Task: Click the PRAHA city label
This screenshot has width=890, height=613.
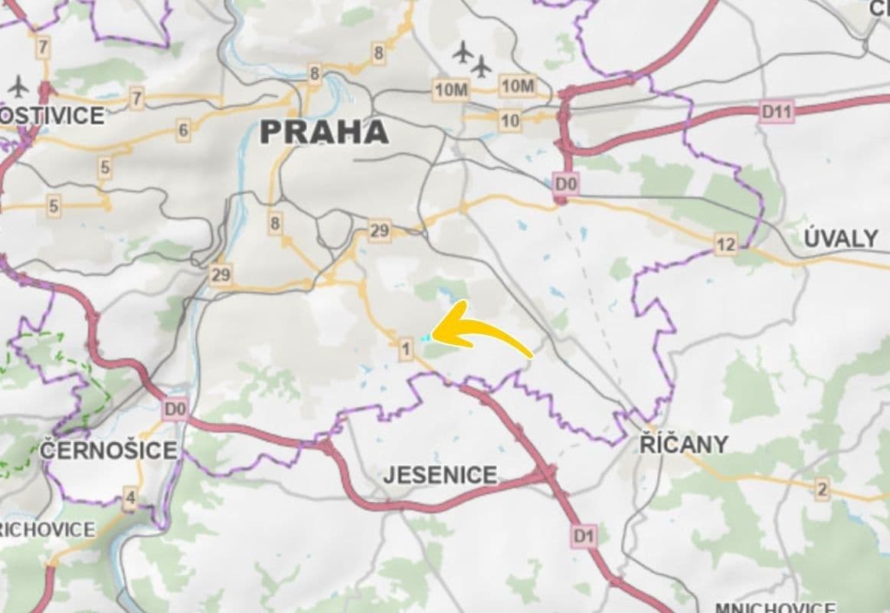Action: (x=324, y=132)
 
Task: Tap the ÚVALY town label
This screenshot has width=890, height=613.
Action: (x=840, y=238)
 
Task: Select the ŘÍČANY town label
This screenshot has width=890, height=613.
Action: (x=683, y=444)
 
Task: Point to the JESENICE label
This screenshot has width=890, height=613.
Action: (x=440, y=475)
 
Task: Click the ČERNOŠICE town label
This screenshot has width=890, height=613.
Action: (x=108, y=450)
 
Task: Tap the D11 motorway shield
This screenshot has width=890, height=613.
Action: (x=777, y=112)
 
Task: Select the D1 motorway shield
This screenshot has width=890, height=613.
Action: (x=584, y=536)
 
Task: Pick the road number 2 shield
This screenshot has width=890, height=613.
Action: (x=822, y=490)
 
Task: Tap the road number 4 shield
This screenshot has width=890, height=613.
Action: (x=130, y=499)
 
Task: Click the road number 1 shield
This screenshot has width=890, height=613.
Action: (x=406, y=350)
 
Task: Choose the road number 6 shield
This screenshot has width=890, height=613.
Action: (x=182, y=130)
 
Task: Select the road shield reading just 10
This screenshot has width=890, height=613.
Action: (x=509, y=120)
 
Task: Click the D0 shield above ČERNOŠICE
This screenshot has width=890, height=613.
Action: (x=175, y=410)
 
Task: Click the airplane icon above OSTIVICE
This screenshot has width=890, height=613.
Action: (x=18, y=87)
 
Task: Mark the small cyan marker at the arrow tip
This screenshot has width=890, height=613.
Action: (x=424, y=336)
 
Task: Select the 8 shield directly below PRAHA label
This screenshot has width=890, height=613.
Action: (x=275, y=224)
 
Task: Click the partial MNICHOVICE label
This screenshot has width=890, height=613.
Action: (x=775, y=608)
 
